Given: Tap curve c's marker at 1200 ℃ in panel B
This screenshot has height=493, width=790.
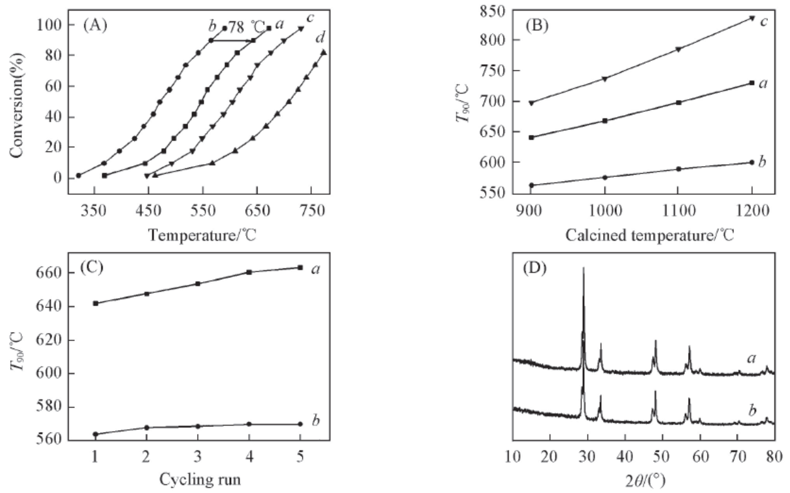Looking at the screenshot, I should pyautogui.click(x=752, y=18).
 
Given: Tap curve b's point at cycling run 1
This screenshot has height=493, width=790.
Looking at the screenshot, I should pyautogui.click(x=95, y=435).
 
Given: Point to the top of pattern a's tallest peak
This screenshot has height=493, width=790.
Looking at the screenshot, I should pyautogui.click(x=584, y=269).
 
